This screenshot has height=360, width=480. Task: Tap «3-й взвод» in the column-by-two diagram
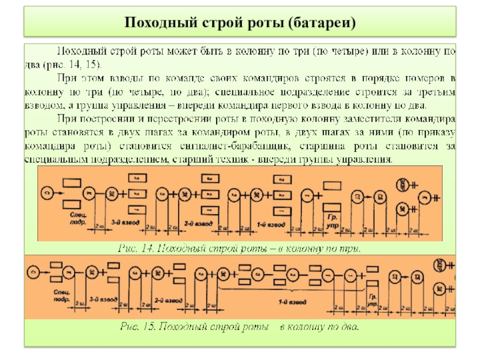(x=101, y=298)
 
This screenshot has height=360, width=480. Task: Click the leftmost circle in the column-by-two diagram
(x=35, y=270)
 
